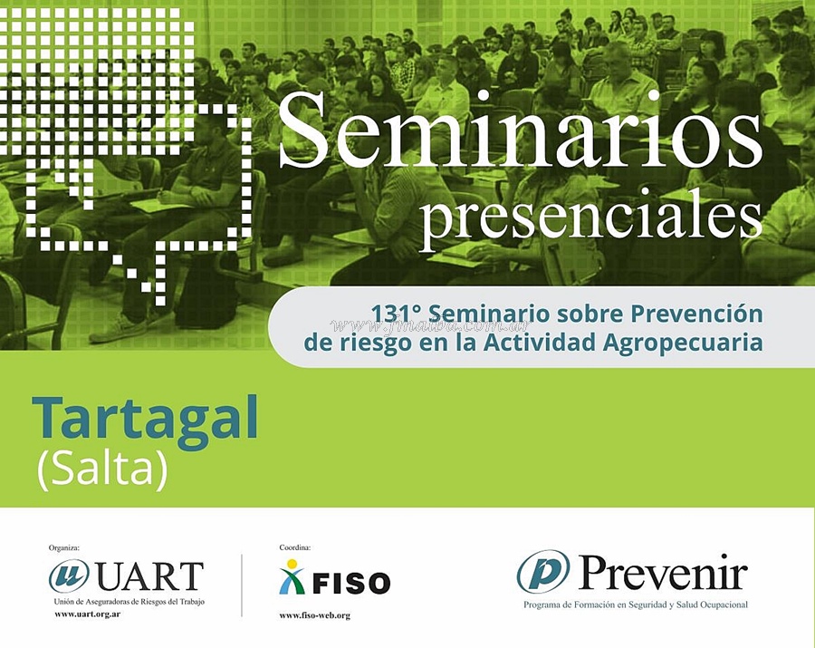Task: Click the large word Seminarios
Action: tap(521, 131)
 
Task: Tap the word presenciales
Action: tap(590, 220)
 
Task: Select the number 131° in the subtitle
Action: tap(396, 314)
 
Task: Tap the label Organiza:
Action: tap(64, 547)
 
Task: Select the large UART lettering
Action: tap(149, 576)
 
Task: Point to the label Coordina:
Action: tap(294, 547)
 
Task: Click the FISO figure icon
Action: tap(292, 576)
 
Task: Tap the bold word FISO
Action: tap(350, 583)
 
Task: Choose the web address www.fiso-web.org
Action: tap(314, 615)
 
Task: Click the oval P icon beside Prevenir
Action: tap(543, 573)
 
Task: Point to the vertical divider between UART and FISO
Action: tap(242, 585)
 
